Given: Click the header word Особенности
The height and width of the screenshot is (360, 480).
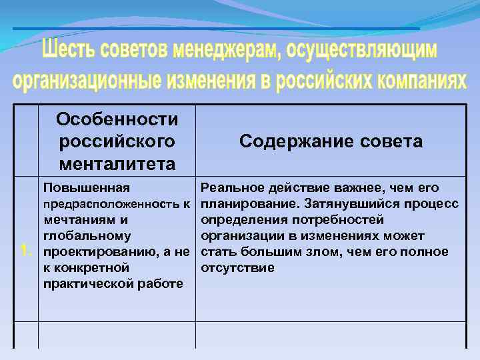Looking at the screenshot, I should tap(117, 120).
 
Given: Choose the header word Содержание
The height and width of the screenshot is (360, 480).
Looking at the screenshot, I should tap(289, 141).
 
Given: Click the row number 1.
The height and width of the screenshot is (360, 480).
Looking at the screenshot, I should tap(25, 251).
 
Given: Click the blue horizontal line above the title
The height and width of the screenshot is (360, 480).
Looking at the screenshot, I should tap(216, 29).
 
